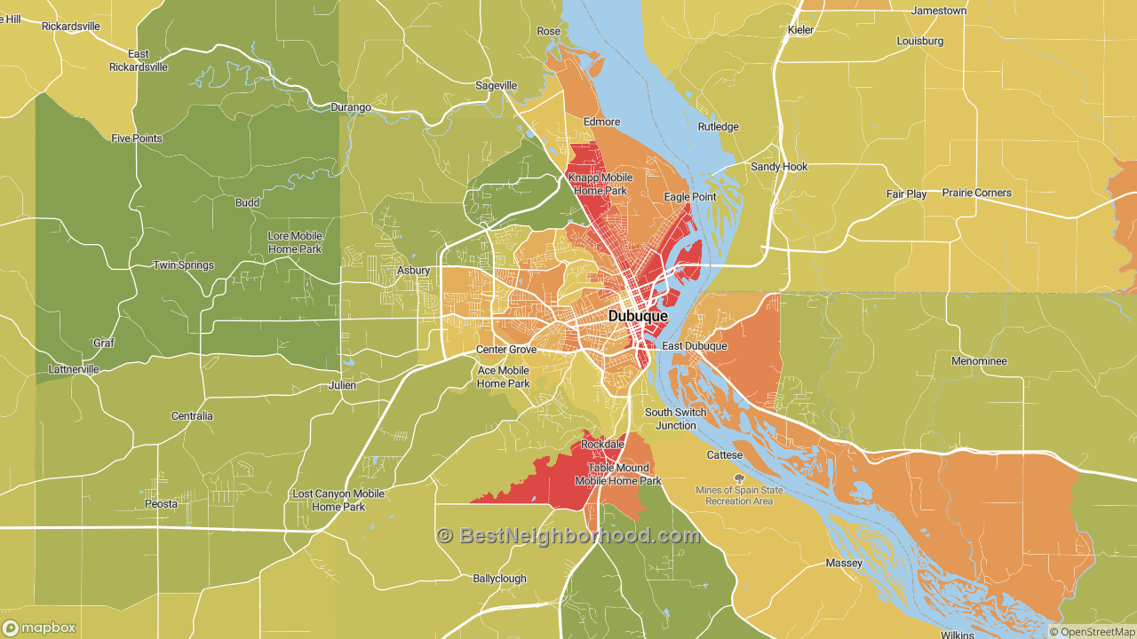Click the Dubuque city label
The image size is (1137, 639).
pos(638,316)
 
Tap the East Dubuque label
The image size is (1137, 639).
pos(694,346)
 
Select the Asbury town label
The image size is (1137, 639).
pos(413,271)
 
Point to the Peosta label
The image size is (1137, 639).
pos(161,504)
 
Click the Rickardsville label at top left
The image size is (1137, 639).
pos(71,27)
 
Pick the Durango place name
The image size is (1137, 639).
pos(351,107)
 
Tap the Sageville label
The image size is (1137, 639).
pos(497,86)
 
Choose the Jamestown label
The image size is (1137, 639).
pos(939,11)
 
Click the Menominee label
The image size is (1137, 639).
pos(979,361)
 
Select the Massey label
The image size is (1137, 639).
pos(843,564)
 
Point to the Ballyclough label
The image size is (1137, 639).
pos(499,579)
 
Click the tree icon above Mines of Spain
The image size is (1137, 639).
pos(739,478)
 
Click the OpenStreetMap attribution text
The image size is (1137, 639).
pos(1092,632)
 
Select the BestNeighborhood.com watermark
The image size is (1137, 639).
pos(568,535)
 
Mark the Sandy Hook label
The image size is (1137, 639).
pos(779,167)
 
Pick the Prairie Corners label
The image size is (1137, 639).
pos(977,193)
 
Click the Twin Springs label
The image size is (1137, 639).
pos(183,265)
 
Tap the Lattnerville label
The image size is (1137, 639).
pos(74,369)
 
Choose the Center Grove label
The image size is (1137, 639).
pos(505,350)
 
